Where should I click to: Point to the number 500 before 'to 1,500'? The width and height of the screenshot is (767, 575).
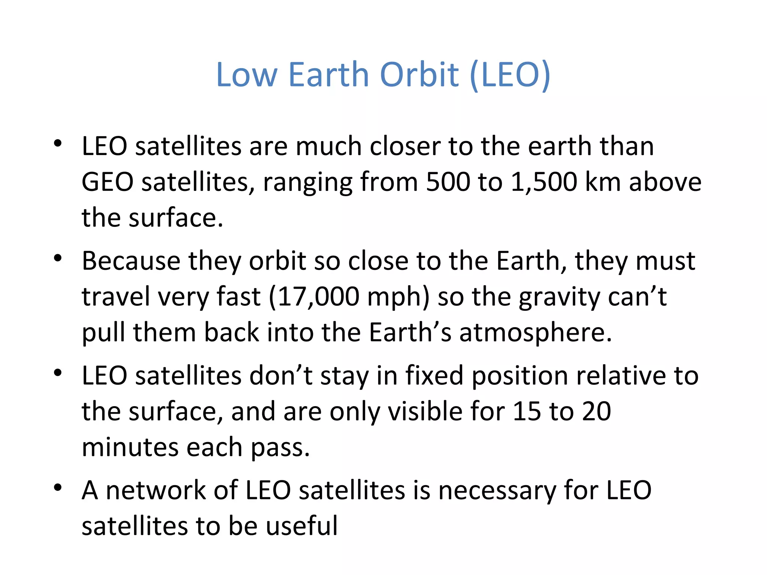pos(448,182)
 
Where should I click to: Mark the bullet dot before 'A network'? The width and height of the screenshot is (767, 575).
pos(57,487)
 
